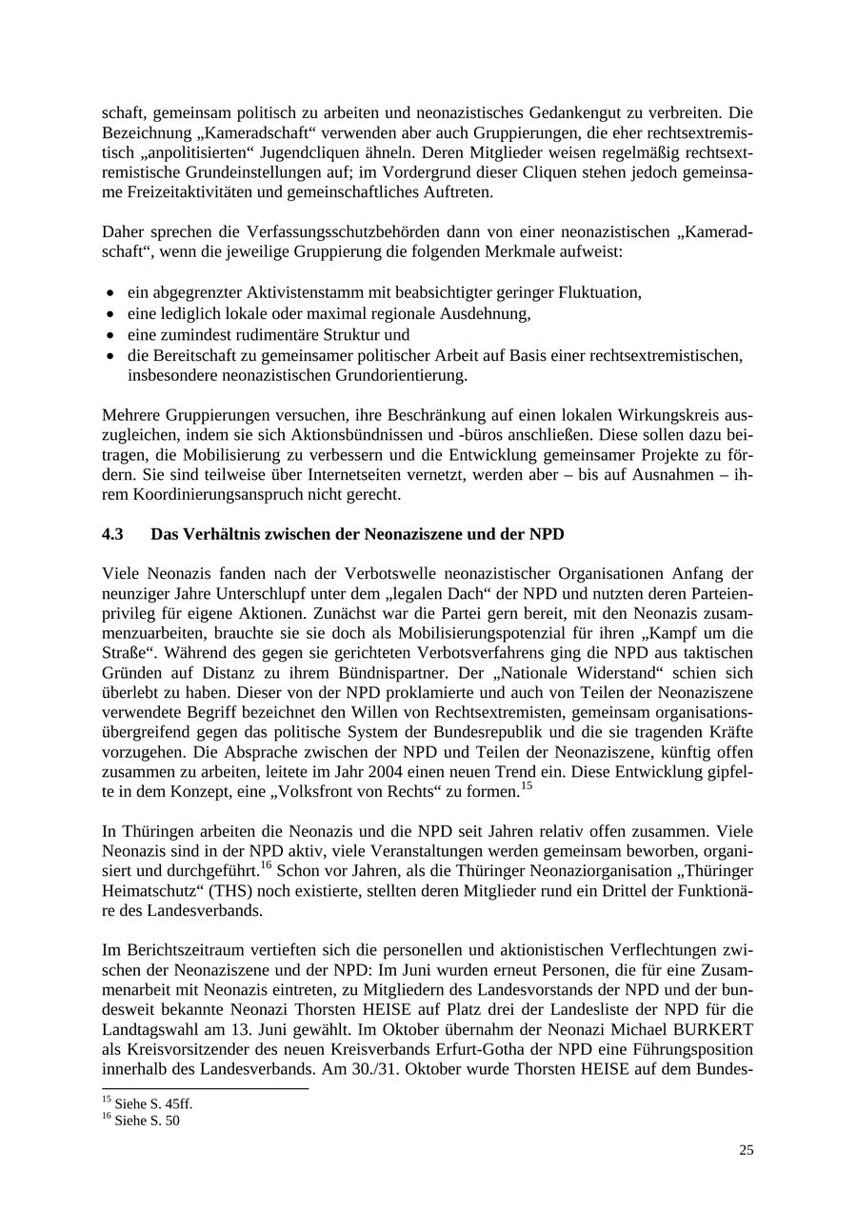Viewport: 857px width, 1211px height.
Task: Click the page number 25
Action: (x=746, y=1150)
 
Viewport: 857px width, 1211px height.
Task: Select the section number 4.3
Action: (x=112, y=534)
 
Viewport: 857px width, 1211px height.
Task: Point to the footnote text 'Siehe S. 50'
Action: (x=147, y=1121)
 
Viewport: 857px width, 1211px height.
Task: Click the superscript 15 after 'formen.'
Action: (x=526, y=785)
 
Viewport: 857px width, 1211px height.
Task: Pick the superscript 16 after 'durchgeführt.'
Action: (x=267, y=865)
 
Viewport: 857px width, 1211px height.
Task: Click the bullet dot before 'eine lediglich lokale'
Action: (x=111, y=314)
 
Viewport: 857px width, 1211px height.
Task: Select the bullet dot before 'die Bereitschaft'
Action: (x=111, y=356)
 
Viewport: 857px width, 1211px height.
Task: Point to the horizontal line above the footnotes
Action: (x=205, y=1087)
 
